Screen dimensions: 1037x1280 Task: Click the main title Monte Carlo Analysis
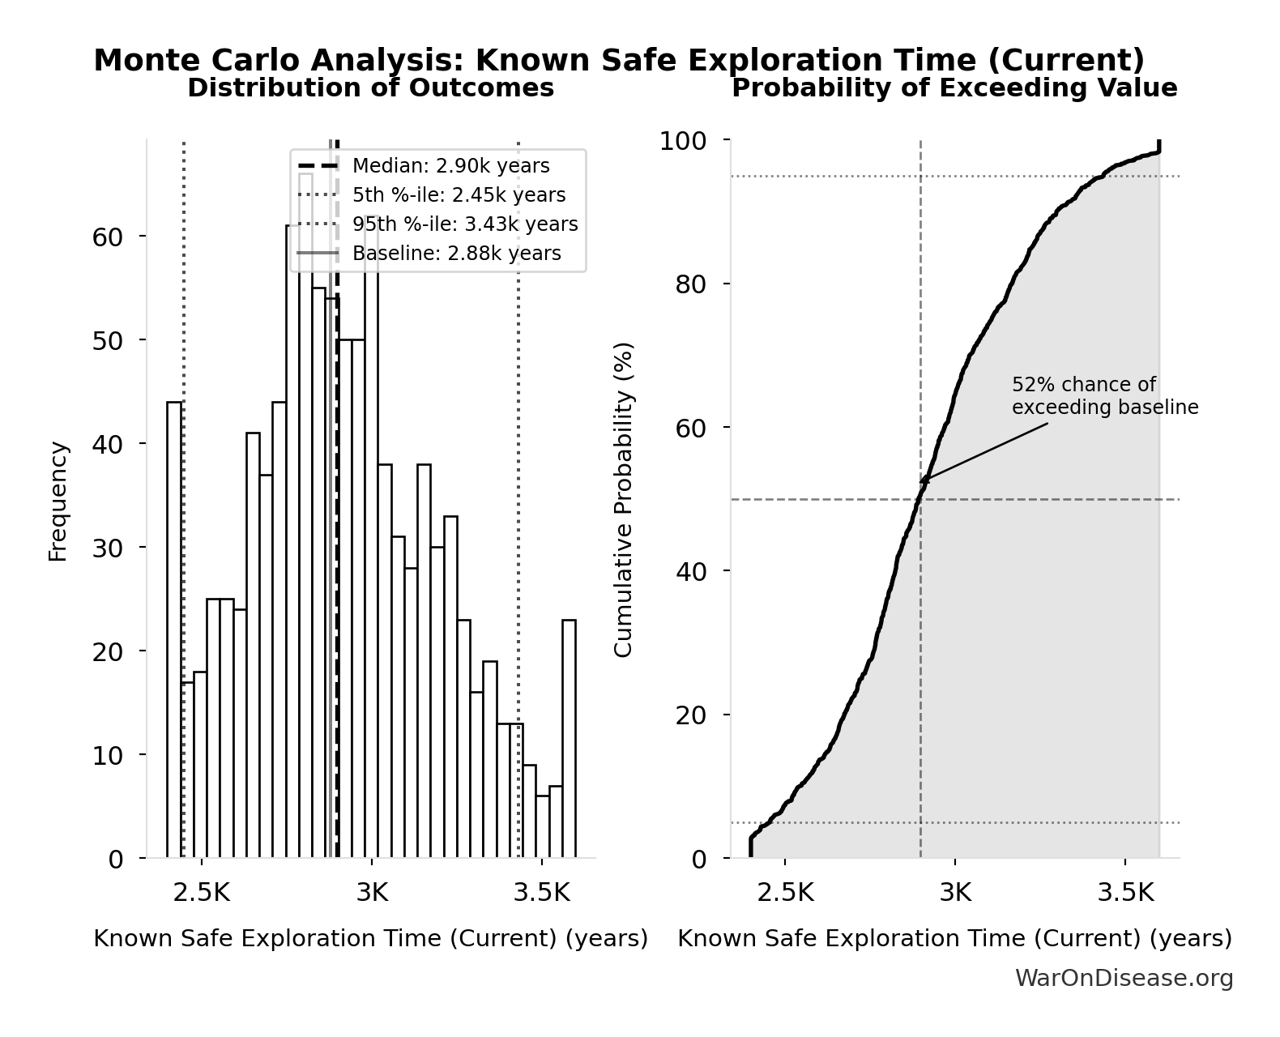[619, 61]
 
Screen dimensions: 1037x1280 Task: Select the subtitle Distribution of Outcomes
[370, 87]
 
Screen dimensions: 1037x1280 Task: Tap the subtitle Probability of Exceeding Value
[954, 87]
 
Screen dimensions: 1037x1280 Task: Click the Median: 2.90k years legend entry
[450, 166]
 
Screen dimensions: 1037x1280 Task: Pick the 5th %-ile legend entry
[459, 195]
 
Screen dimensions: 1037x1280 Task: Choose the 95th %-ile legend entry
[465, 224]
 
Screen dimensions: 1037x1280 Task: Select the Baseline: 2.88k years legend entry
[456, 254]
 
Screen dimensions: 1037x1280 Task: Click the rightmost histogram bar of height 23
[569, 738]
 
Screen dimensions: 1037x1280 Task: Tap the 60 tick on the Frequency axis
[107, 237]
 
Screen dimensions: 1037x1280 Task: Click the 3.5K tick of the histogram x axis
[542, 892]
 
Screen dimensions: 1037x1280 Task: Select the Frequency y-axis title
[58, 501]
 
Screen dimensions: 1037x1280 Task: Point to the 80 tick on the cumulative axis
[690, 284]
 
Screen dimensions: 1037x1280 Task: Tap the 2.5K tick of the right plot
[785, 892]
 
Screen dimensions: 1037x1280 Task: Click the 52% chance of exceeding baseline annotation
[1104, 396]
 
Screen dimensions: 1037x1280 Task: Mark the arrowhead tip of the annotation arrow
[920, 482]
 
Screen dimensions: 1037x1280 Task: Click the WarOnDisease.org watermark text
[1124, 979]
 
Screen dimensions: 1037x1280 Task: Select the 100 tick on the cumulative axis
[682, 141]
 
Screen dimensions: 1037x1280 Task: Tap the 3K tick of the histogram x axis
[372, 892]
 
